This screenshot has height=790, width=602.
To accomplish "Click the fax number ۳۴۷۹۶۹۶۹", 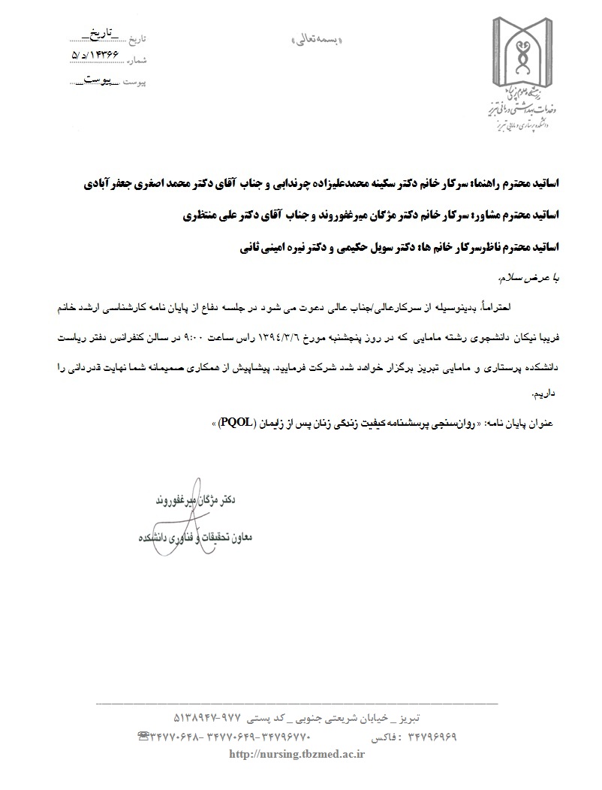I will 423,737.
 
